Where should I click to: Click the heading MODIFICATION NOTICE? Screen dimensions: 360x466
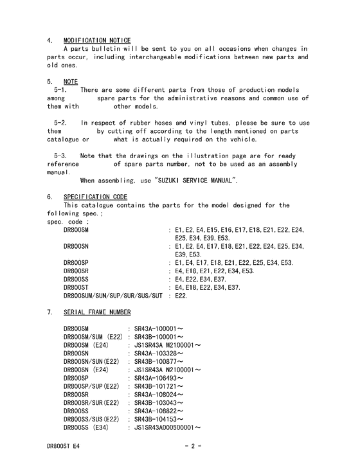tap(97, 40)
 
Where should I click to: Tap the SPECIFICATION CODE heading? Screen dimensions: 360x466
tap(95, 197)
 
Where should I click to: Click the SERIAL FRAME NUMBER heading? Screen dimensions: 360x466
tap(97, 312)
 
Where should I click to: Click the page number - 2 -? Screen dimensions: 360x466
tap(193, 445)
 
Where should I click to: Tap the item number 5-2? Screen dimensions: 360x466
tap(61, 123)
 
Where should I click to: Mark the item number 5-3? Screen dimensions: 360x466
tap(61, 156)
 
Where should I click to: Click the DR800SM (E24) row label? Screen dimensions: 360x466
tap(85, 345)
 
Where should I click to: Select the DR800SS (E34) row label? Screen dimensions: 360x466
tap(85, 427)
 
